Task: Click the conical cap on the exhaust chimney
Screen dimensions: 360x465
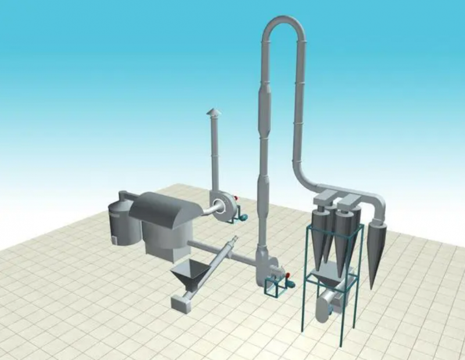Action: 214,111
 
